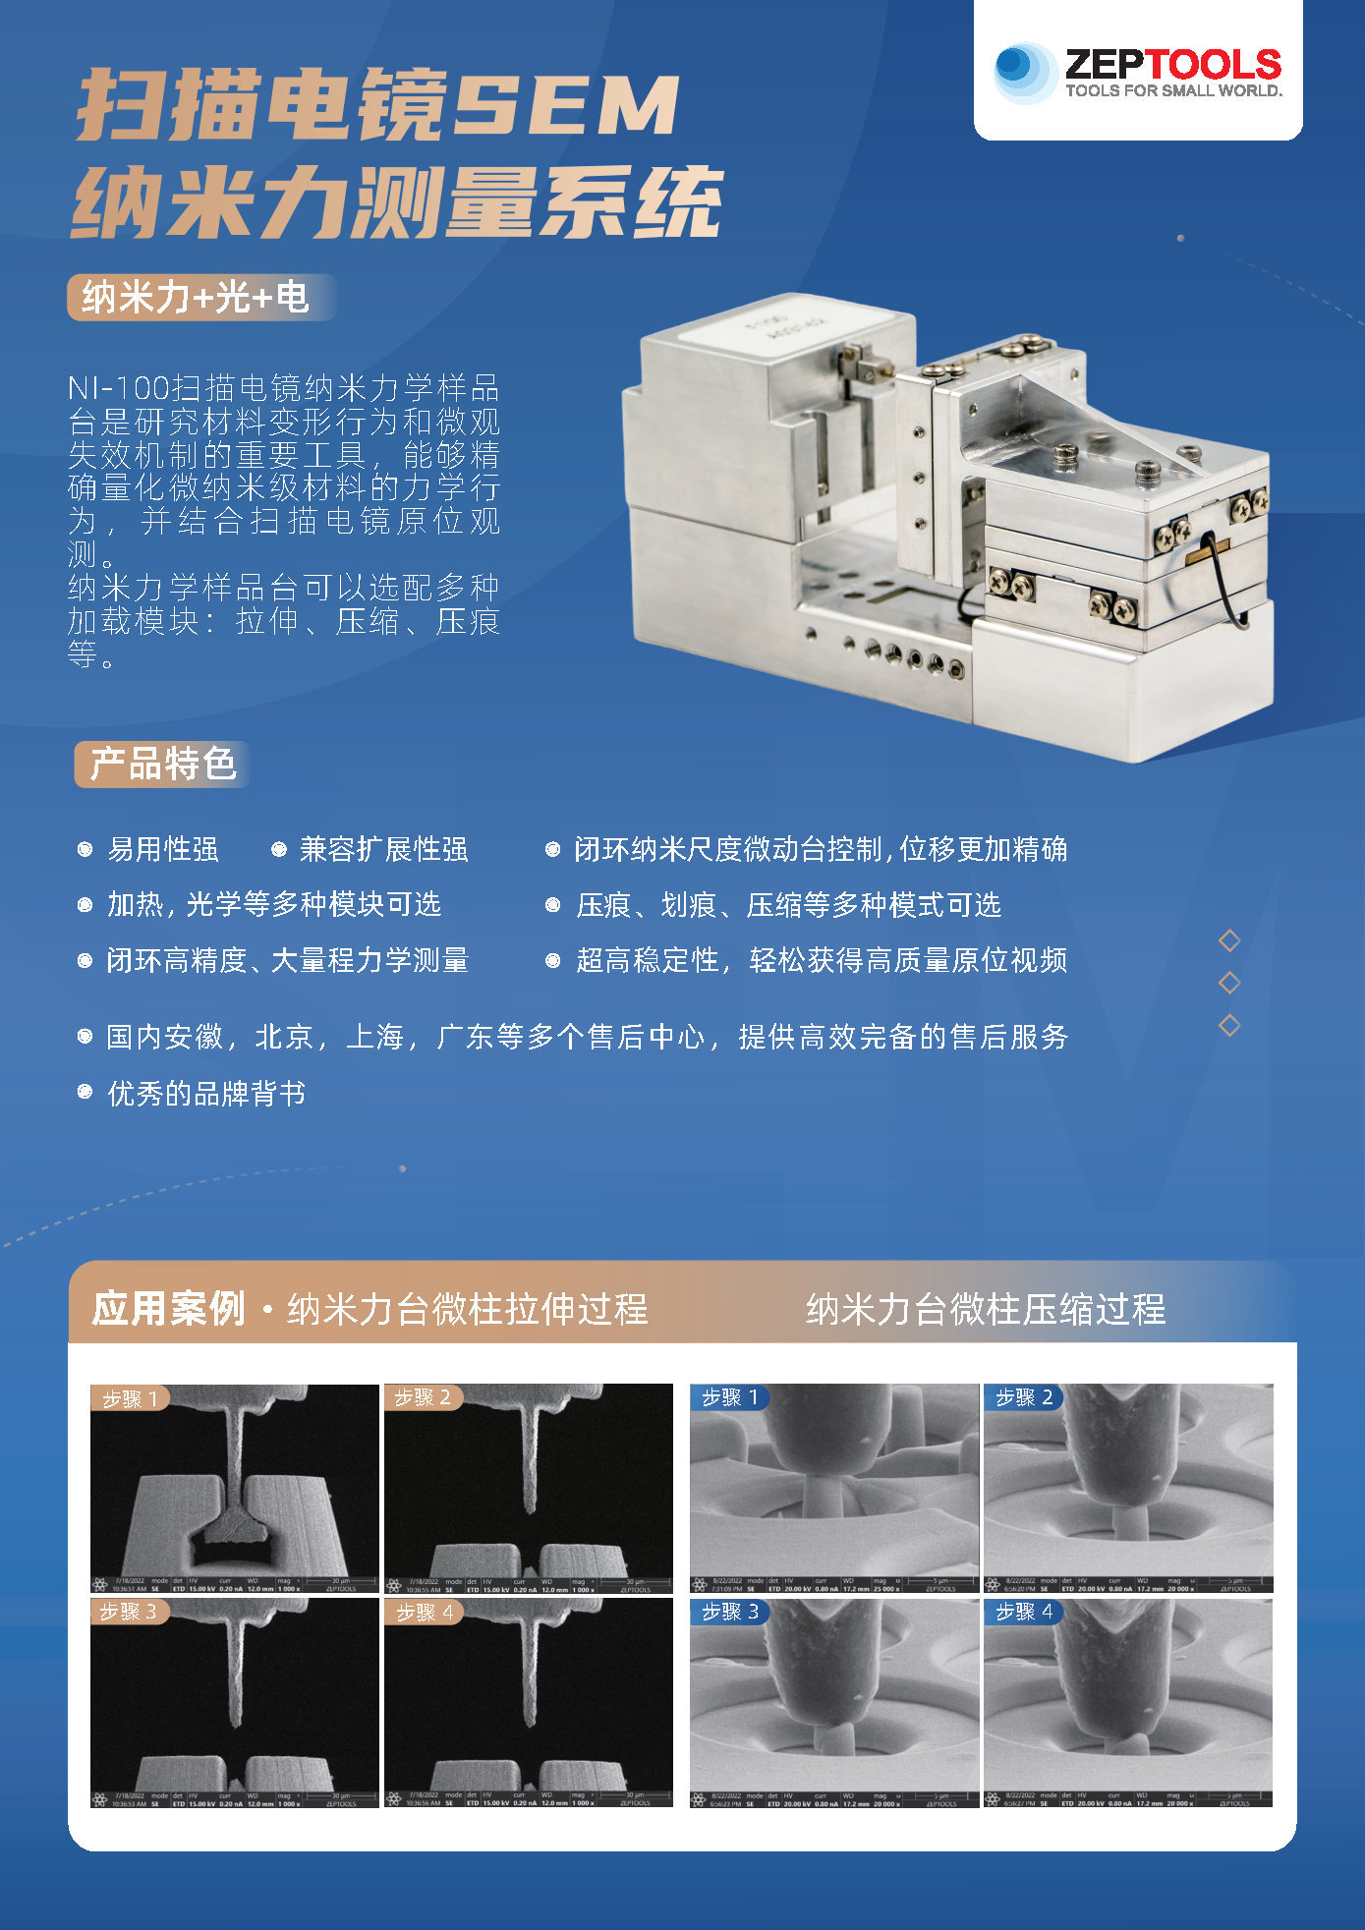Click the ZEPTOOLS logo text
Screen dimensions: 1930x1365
pyautogui.click(x=1172, y=65)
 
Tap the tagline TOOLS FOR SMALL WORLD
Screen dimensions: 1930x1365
pyautogui.click(x=1173, y=91)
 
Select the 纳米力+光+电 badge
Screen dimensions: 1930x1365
pyautogui.click(x=197, y=297)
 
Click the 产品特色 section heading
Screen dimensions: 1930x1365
pyautogui.click(x=163, y=764)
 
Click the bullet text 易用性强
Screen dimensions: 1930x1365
pyautogui.click(x=163, y=849)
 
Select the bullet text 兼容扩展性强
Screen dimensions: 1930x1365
pyautogui.click(x=383, y=849)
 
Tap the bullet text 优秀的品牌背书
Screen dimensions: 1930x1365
pyautogui.click(x=206, y=1093)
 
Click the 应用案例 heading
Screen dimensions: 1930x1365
pyautogui.click(x=169, y=1308)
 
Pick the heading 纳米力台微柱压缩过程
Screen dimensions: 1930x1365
pyautogui.click(x=985, y=1308)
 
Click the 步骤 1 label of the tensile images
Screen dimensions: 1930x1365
pyautogui.click(x=131, y=1397)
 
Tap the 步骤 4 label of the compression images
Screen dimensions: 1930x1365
pyautogui.click(x=1024, y=1612)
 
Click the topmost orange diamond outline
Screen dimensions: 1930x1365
pyautogui.click(x=1229, y=940)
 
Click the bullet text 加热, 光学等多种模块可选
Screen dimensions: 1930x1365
pyautogui.click(x=273, y=904)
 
